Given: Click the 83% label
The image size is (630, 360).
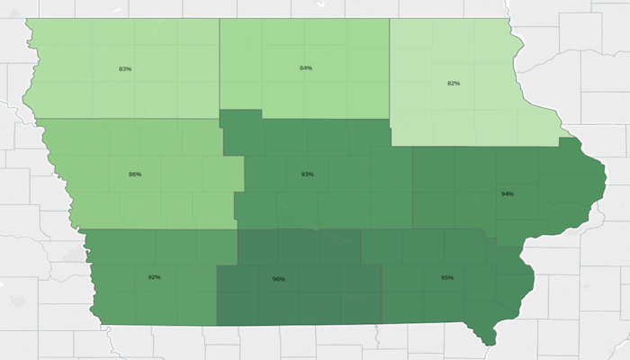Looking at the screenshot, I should click(x=125, y=69).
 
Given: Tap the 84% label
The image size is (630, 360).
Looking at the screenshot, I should click(x=306, y=67).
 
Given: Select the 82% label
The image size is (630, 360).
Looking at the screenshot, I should click(x=454, y=84).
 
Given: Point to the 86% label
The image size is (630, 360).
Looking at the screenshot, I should click(x=135, y=174).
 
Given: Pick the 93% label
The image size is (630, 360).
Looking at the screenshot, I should click(x=308, y=174).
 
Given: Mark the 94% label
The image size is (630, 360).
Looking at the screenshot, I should click(x=508, y=193).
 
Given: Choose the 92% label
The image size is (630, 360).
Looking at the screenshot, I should click(x=154, y=277).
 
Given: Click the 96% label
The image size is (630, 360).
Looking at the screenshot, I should click(x=278, y=279).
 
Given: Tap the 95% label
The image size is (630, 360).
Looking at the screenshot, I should click(x=447, y=277).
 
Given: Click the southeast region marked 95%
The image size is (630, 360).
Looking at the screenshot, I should click(x=432, y=301).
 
